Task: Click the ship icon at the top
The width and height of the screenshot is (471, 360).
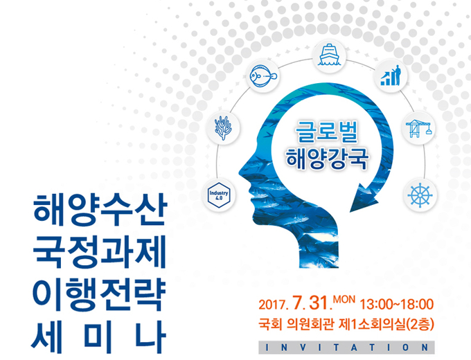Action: pos(329,55)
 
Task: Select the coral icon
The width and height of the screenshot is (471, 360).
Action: pos(223,127)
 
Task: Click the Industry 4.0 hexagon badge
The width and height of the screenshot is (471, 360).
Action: pos(219,195)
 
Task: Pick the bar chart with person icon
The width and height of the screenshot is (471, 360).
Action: pos(391,75)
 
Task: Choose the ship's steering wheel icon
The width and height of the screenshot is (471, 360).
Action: pos(420,195)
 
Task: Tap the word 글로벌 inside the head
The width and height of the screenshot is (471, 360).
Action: pos(327,132)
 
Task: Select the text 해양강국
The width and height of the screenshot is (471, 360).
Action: pos(327,158)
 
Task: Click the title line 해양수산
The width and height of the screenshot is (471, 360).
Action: pos(99,209)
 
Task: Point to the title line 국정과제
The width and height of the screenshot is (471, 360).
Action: pos(99,252)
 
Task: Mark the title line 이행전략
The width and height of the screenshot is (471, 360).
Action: pos(99,295)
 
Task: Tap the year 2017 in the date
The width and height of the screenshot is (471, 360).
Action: pos(272,305)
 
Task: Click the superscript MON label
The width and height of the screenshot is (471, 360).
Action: pos(344,299)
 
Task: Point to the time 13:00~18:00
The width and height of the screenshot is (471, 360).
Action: pos(396,304)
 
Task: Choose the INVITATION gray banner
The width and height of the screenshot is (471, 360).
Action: pos(346,348)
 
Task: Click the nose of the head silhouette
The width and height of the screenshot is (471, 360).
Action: pos(241,172)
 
